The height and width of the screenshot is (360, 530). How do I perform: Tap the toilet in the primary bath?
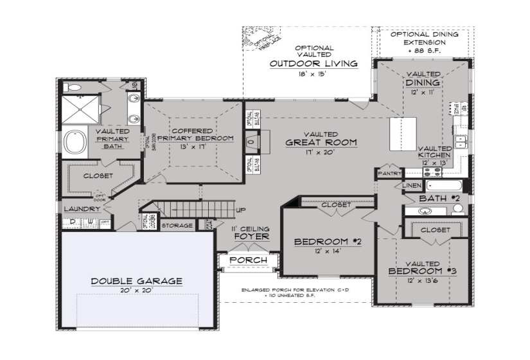(73, 87)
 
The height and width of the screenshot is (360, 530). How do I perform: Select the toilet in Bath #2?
(457, 208)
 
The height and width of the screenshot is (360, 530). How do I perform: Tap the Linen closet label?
(412, 185)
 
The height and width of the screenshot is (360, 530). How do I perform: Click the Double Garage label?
(136, 281)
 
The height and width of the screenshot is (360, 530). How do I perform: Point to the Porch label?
(248, 260)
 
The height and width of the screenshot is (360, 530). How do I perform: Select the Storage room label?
(177, 226)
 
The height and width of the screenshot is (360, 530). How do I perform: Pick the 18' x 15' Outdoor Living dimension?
(314, 75)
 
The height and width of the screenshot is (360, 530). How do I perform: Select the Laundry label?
(82, 209)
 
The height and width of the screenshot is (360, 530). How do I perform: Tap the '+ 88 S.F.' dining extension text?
(425, 50)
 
